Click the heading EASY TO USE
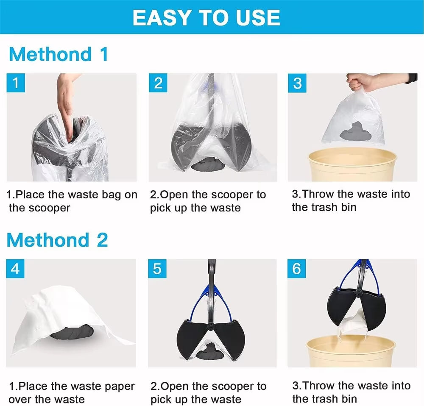pos(206,17)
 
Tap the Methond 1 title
pos(58,55)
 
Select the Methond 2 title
pos(57,240)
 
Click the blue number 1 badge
pos(16,83)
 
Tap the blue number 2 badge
pos(158,83)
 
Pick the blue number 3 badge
pos(297,83)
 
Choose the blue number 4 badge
pos(15,269)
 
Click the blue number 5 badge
pos(157,269)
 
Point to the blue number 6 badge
pos(297,269)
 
